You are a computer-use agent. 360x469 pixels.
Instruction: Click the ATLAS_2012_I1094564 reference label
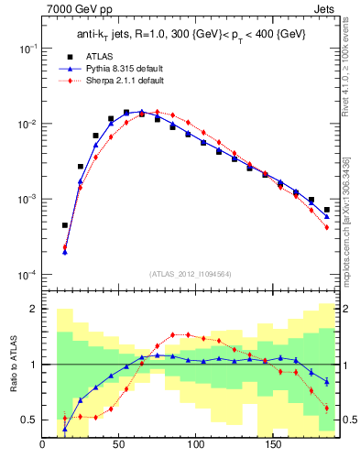(x=190, y=271)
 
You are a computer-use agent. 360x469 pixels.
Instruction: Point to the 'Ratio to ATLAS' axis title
(x=12, y=364)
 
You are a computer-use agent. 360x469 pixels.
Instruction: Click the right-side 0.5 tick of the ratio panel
(x=348, y=420)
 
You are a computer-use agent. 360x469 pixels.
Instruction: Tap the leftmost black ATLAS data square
(x=65, y=224)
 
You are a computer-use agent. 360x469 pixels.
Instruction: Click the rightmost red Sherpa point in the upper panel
(x=327, y=227)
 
